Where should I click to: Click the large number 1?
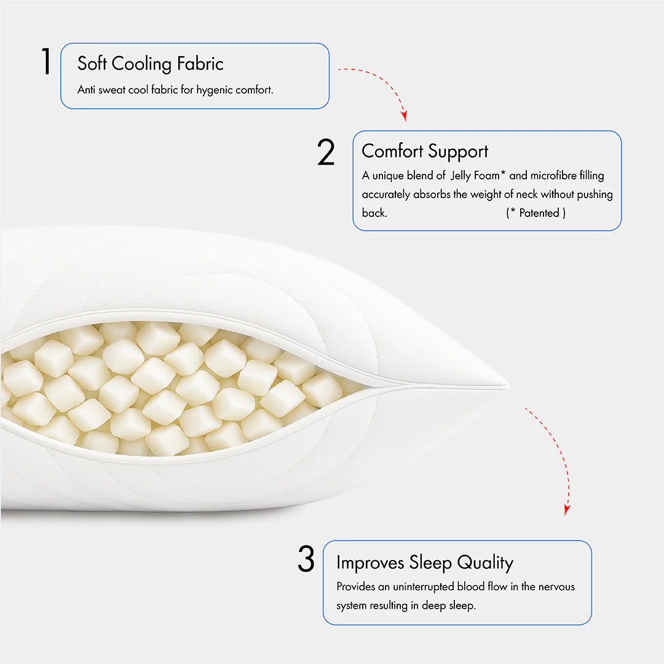point(46,62)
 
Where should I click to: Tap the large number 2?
point(326,152)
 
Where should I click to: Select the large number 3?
point(306,559)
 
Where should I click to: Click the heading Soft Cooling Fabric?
point(150,63)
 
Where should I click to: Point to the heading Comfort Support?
point(425,151)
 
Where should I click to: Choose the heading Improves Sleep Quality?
point(424,563)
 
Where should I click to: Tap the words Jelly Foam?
point(475,176)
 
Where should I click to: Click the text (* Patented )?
point(536,213)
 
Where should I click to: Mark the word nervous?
point(556,587)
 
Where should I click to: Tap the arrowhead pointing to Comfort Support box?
point(404,115)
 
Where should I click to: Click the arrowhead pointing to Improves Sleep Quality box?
point(567,510)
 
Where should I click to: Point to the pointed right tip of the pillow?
point(508,386)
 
